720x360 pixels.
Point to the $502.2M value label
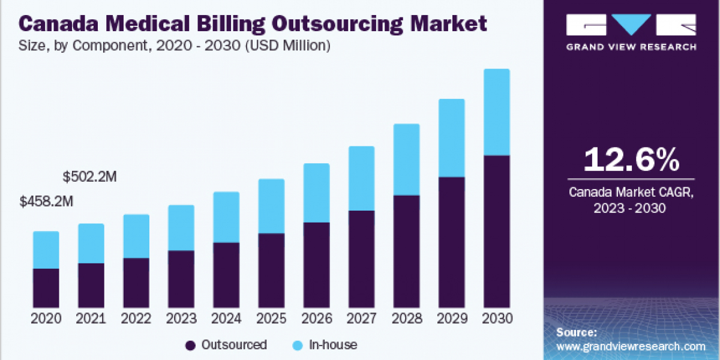pyautogui.click(x=90, y=178)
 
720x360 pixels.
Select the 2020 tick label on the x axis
pyautogui.click(x=46, y=318)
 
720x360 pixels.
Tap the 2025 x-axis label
pyautogui.click(x=271, y=318)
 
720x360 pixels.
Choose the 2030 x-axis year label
pyautogui.click(x=496, y=318)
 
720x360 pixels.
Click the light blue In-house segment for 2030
pyautogui.click(x=496, y=112)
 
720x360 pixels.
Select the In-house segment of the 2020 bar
pyautogui.click(x=46, y=250)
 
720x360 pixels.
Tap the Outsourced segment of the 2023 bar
pyautogui.click(x=181, y=279)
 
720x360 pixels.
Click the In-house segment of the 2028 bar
pyautogui.click(x=406, y=160)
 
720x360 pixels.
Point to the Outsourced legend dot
pyautogui.click(x=191, y=345)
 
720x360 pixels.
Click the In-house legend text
pyautogui.click(x=333, y=345)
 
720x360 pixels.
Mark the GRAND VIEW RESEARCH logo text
pyautogui.click(x=631, y=46)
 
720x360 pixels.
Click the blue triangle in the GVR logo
pyautogui.click(x=631, y=25)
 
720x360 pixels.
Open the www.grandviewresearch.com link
pyautogui.click(x=631, y=347)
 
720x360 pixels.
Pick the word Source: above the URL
pyautogui.click(x=577, y=332)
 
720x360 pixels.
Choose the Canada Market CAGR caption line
pyautogui.click(x=631, y=193)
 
